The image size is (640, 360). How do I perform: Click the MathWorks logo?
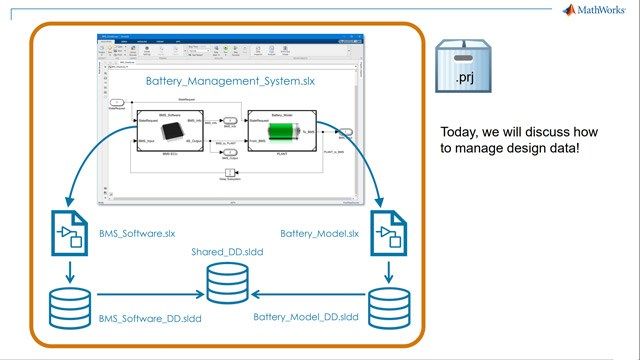click(x=597, y=11)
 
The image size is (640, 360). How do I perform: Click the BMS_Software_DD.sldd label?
click(x=149, y=318)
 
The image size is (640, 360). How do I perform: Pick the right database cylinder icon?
click(x=390, y=306)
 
